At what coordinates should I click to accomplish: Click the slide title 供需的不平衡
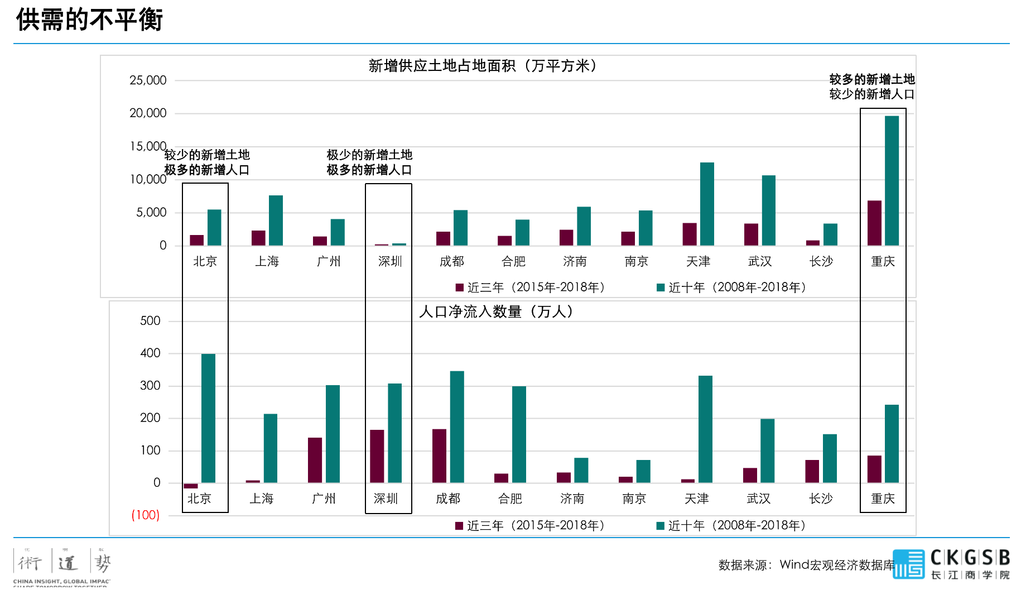(89, 20)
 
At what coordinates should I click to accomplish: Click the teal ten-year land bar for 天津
(707, 204)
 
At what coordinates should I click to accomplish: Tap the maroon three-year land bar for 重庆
(874, 223)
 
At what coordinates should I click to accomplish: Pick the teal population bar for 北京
(208, 418)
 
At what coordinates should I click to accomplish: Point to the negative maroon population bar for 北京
(191, 486)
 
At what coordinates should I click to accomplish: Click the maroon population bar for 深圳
(377, 456)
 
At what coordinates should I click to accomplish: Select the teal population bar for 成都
(457, 426)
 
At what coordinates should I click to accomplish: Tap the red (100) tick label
(145, 515)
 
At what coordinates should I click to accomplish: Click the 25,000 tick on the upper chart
(148, 80)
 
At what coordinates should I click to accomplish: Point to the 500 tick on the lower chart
(150, 321)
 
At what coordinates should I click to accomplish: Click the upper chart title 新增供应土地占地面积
(483, 66)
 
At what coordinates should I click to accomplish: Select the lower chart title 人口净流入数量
(496, 311)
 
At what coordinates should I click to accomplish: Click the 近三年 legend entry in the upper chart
(530, 287)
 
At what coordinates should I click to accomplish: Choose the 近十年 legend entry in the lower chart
(731, 526)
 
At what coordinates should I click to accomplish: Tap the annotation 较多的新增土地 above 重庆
(872, 79)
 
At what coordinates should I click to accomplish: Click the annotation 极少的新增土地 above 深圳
(369, 155)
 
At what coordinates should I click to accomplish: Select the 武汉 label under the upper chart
(759, 261)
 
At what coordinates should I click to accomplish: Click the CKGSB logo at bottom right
(951, 564)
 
